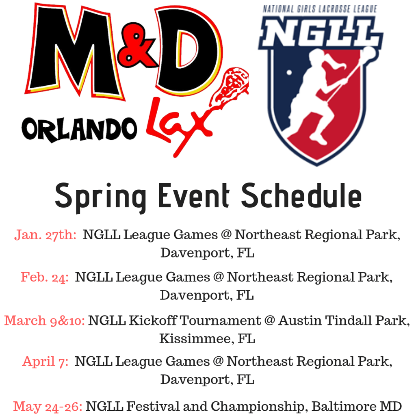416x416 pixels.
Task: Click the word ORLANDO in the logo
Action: (x=79, y=130)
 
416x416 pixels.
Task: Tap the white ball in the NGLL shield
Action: (x=289, y=72)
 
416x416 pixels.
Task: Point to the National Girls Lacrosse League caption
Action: (x=320, y=9)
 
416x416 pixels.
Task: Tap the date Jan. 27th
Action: (x=45, y=235)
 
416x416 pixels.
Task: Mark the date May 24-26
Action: (x=48, y=406)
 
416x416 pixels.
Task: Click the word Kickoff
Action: (x=153, y=321)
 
